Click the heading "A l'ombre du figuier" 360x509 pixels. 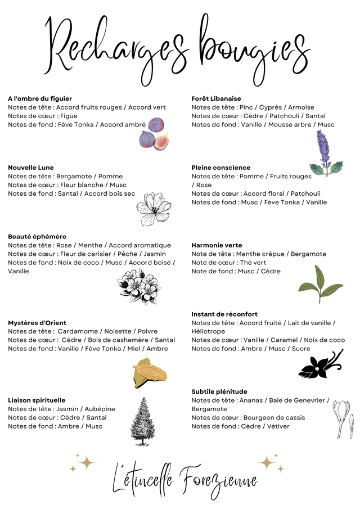[x=40, y=98]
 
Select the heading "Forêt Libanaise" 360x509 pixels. [x=216, y=98]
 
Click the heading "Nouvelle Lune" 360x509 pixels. [x=31, y=168]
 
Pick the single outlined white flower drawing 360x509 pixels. [x=153, y=210]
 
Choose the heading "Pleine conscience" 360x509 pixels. [x=220, y=168]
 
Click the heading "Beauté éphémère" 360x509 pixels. [x=37, y=237]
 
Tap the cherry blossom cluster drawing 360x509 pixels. [x=139, y=286]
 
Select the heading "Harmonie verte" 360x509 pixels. [x=217, y=245]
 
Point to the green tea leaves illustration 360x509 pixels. [x=320, y=285]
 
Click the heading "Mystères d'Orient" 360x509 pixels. [x=37, y=323]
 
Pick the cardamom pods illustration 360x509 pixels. [x=149, y=373]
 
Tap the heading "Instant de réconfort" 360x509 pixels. [x=224, y=314]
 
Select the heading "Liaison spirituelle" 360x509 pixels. [x=37, y=400]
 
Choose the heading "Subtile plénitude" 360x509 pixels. [x=219, y=391]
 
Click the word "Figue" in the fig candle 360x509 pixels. [x=69, y=116]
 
